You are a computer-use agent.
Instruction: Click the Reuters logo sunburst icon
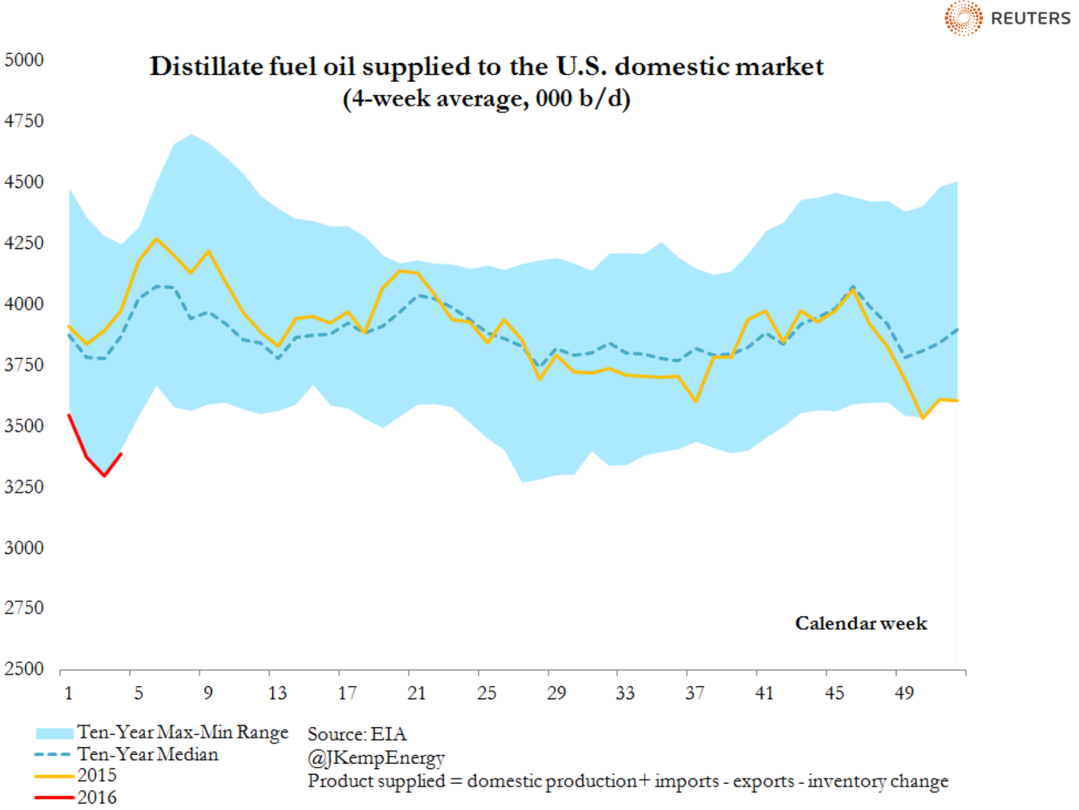click(963, 18)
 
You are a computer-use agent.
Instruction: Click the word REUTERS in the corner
click(1030, 19)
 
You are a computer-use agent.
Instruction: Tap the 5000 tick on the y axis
click(24, 60)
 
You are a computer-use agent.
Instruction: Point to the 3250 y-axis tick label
click(24, 486)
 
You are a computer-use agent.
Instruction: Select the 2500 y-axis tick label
click(24, 668)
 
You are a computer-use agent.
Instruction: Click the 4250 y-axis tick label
click(24, 243)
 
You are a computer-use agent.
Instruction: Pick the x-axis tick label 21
click(417, 693)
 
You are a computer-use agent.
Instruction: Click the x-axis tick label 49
click(904, 693)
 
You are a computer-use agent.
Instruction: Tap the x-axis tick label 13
click(277, 693)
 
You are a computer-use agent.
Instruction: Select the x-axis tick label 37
click(695, 693)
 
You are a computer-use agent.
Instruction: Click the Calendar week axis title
click(861, 623)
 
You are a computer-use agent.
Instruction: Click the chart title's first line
click(486, 66)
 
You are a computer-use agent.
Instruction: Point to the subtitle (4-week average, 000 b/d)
click(486, 98)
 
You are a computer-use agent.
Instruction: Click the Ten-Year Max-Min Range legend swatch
click(54, 733)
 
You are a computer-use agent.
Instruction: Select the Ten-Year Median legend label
click(148, 755)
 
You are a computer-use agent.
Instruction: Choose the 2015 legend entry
click(96, 776)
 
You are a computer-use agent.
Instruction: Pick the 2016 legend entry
click(96, 797)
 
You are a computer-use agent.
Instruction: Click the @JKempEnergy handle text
click(376, 758)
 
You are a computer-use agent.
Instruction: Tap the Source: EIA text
click(357, 734)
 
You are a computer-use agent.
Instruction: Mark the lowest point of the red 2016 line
click(105, 476)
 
